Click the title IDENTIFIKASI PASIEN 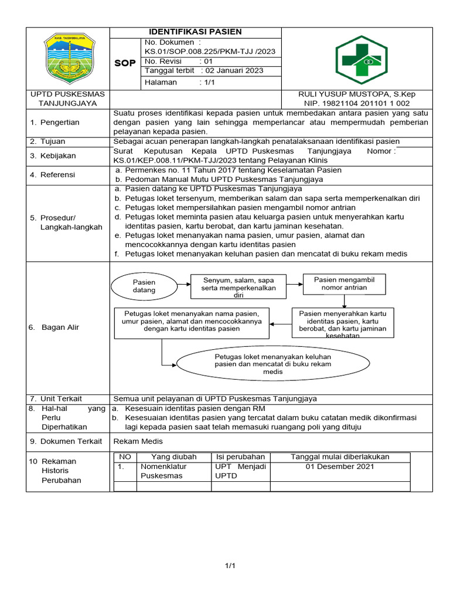pos(195,32)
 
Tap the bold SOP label pos(124,63)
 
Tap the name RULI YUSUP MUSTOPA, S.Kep pos(357,94)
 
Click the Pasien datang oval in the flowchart pos(144,286)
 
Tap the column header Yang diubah pos(173,457)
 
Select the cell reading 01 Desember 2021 pos(340,467)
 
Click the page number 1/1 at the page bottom pos(230,566)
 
